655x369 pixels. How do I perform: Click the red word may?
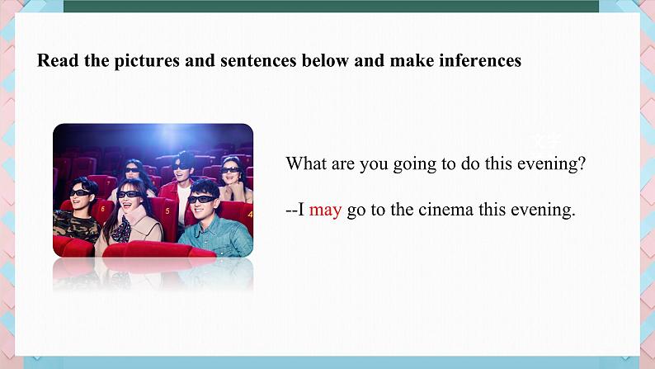325,211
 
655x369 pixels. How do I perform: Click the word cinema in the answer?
445,210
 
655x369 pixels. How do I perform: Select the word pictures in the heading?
147,61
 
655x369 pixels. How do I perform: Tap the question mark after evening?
581,163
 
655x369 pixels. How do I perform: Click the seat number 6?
103,208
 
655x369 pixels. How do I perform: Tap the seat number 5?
167,211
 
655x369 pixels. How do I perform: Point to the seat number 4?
250,215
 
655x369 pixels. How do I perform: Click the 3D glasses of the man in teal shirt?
202,199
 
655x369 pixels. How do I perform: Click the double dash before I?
291,211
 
